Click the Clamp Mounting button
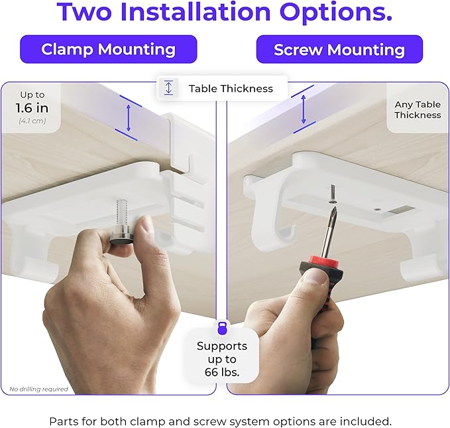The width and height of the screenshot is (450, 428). pos(108,49)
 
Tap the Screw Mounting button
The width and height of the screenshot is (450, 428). pos(339,49)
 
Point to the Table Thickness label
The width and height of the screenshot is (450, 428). pos(230,88)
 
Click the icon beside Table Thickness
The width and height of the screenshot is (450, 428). pos(168,88)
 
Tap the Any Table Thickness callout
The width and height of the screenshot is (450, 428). pos(418,109)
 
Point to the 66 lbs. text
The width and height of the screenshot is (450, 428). pos(222,373)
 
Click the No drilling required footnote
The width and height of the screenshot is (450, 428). pos(38,389)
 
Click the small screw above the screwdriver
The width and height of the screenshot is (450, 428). pos(331,193)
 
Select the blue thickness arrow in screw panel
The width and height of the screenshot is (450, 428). pos(304,109)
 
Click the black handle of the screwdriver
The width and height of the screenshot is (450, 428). pos(318,279)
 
